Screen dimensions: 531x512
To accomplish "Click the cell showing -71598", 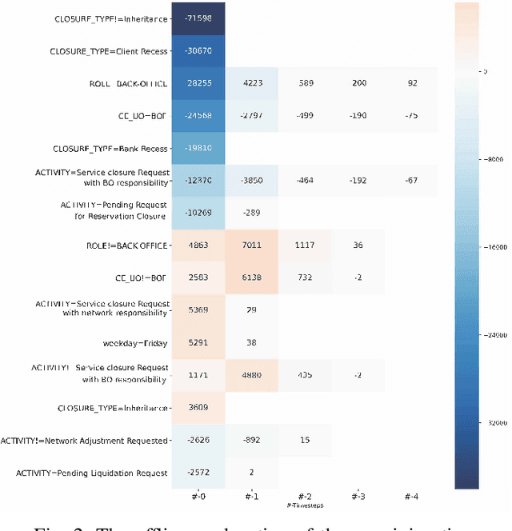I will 198,18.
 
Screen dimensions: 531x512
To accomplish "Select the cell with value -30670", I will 198,51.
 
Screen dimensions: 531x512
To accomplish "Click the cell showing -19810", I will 198,148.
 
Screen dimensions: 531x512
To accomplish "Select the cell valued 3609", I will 198,407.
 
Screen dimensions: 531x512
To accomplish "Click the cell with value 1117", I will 304,246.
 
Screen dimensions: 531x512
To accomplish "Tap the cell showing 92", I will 411,83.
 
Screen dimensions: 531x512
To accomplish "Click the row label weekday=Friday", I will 135,343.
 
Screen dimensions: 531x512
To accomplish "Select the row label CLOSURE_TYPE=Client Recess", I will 110,51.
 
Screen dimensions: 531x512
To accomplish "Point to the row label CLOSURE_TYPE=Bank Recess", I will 110,148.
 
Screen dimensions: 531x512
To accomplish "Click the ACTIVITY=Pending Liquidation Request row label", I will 92,473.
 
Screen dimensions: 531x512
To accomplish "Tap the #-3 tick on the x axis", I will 358,497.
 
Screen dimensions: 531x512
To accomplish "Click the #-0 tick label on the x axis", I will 198,497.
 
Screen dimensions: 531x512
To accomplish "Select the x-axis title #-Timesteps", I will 304,505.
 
